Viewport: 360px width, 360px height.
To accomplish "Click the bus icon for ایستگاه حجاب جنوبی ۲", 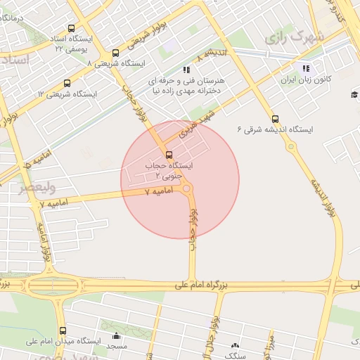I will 168,155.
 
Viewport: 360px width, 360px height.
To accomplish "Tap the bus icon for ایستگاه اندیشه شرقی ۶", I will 274,119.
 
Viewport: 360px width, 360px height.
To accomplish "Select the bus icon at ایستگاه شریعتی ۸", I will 115,53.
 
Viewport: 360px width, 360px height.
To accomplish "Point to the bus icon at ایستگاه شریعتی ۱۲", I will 67,83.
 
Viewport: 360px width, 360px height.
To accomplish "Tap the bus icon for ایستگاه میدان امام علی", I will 63,330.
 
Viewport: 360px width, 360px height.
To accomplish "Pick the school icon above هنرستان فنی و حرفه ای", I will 186,70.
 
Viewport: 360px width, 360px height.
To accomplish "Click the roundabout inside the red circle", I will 186,188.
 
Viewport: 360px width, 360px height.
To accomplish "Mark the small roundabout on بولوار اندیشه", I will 290,146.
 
